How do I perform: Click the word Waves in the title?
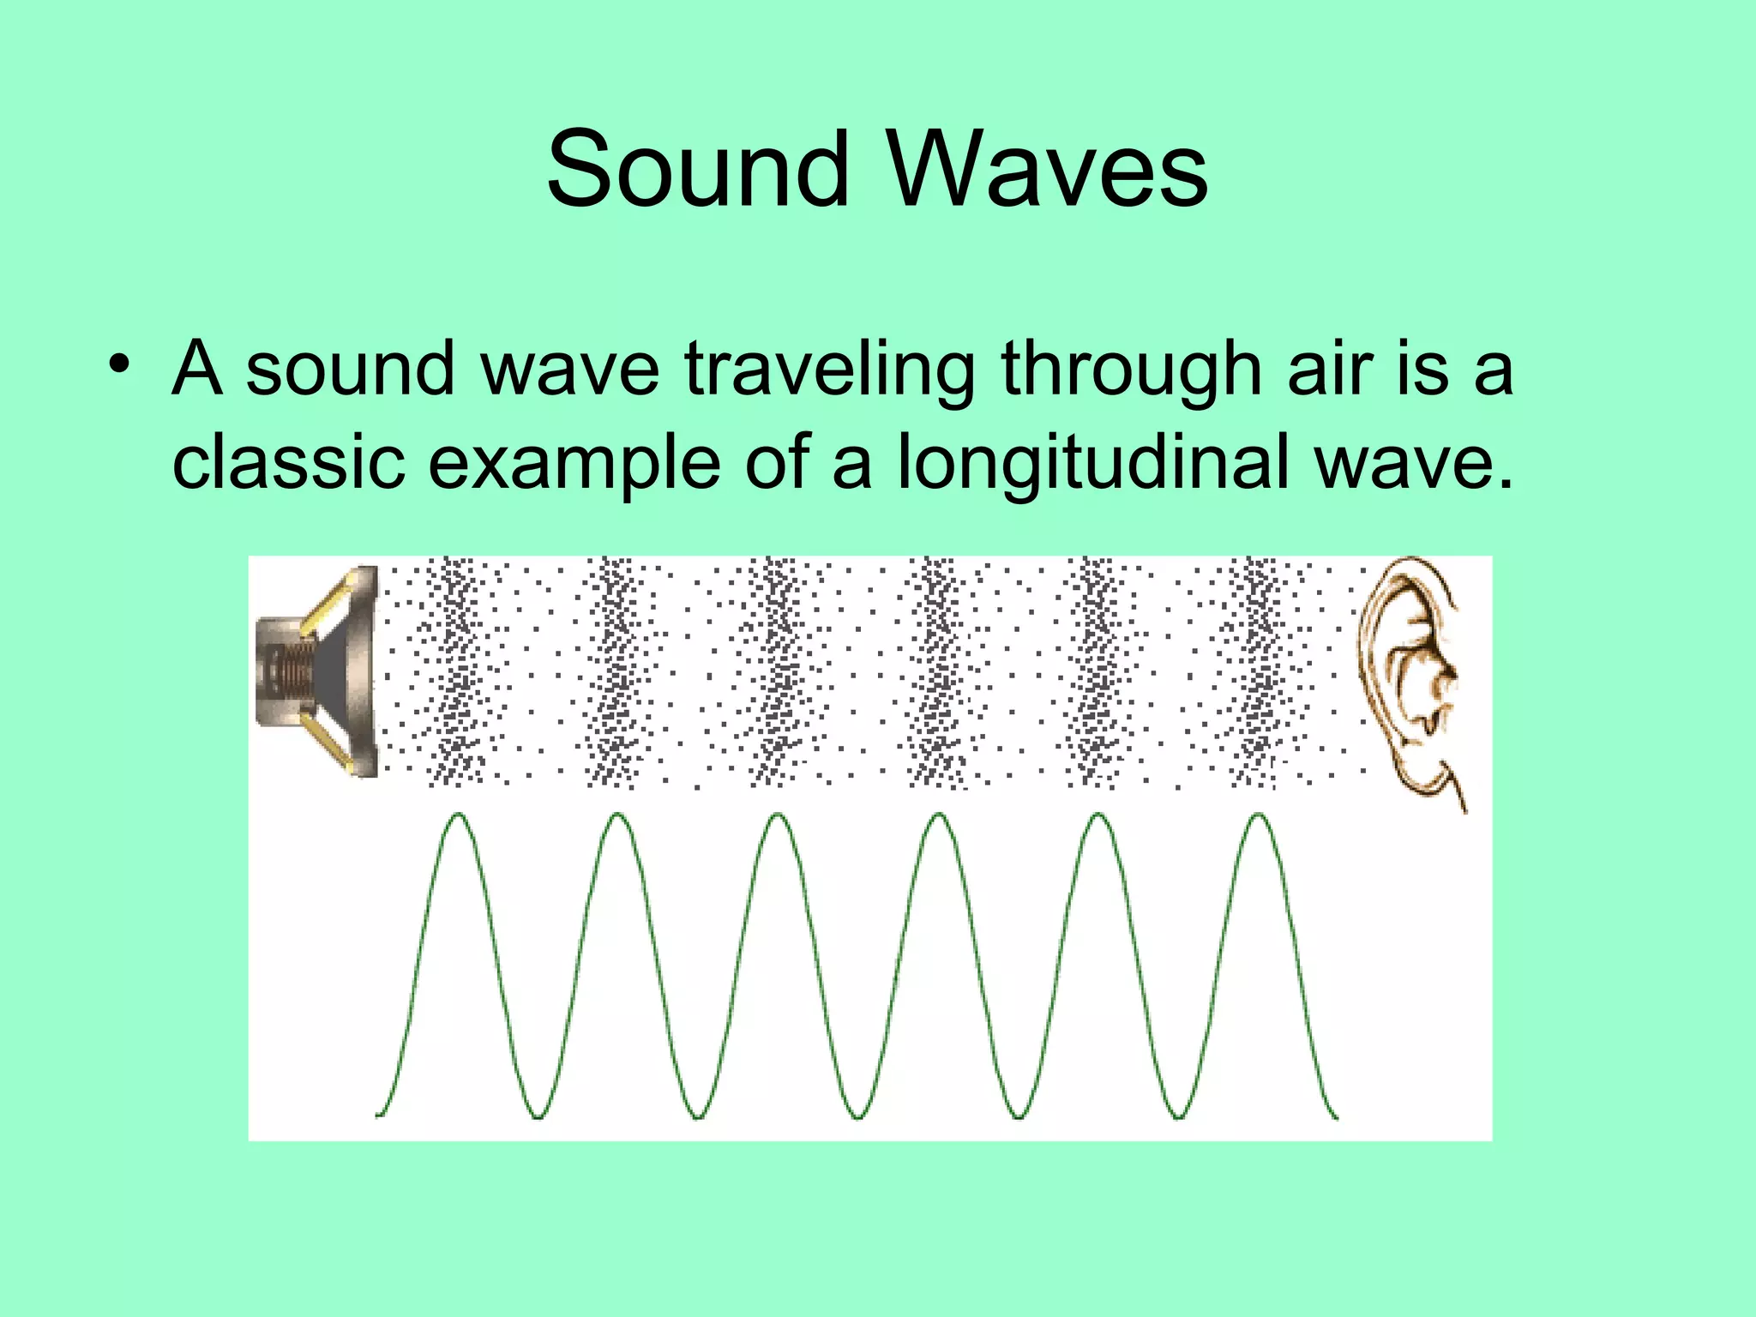tap(1048, 169)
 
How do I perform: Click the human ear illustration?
tap(1411, 677)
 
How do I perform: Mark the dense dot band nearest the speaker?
tap(459, 671)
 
